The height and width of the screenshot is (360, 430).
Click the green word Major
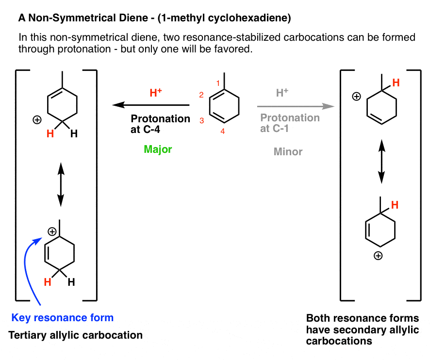point(158,149)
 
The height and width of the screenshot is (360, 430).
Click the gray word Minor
point(288,151)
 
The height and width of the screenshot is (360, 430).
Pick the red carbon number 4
point(223,131)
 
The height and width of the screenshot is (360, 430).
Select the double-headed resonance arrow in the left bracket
point(60,183)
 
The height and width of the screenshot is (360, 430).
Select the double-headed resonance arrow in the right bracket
point(382,161)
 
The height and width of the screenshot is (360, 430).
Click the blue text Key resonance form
point(63,318)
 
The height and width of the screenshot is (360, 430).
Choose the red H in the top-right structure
point(396,83)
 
